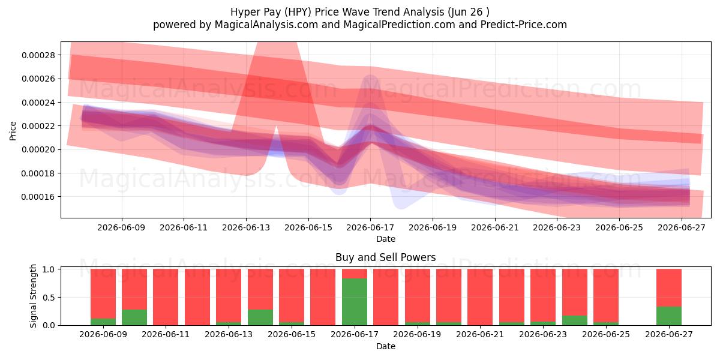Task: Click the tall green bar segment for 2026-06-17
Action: (x=355, y=302)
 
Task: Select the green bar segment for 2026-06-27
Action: (x=669, y=316)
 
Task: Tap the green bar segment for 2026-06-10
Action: (x=134, y=317)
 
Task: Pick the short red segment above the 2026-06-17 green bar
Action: (x=355, y=274)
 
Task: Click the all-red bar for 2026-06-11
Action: (x=166, y=297)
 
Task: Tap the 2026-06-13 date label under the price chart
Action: (x=246, y=227)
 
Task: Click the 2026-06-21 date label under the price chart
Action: (x=495, y=227)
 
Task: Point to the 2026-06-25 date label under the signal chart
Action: (x=606, y=334)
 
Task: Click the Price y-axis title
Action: (x=13, y=131)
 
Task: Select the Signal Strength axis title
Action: (x=33, y=296)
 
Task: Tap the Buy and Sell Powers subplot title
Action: (x=386, y=257)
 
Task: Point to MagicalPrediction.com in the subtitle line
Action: (x=399, y=25)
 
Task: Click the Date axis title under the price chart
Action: (x=386, y=239)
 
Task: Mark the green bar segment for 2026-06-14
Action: (x=260, y=317)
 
